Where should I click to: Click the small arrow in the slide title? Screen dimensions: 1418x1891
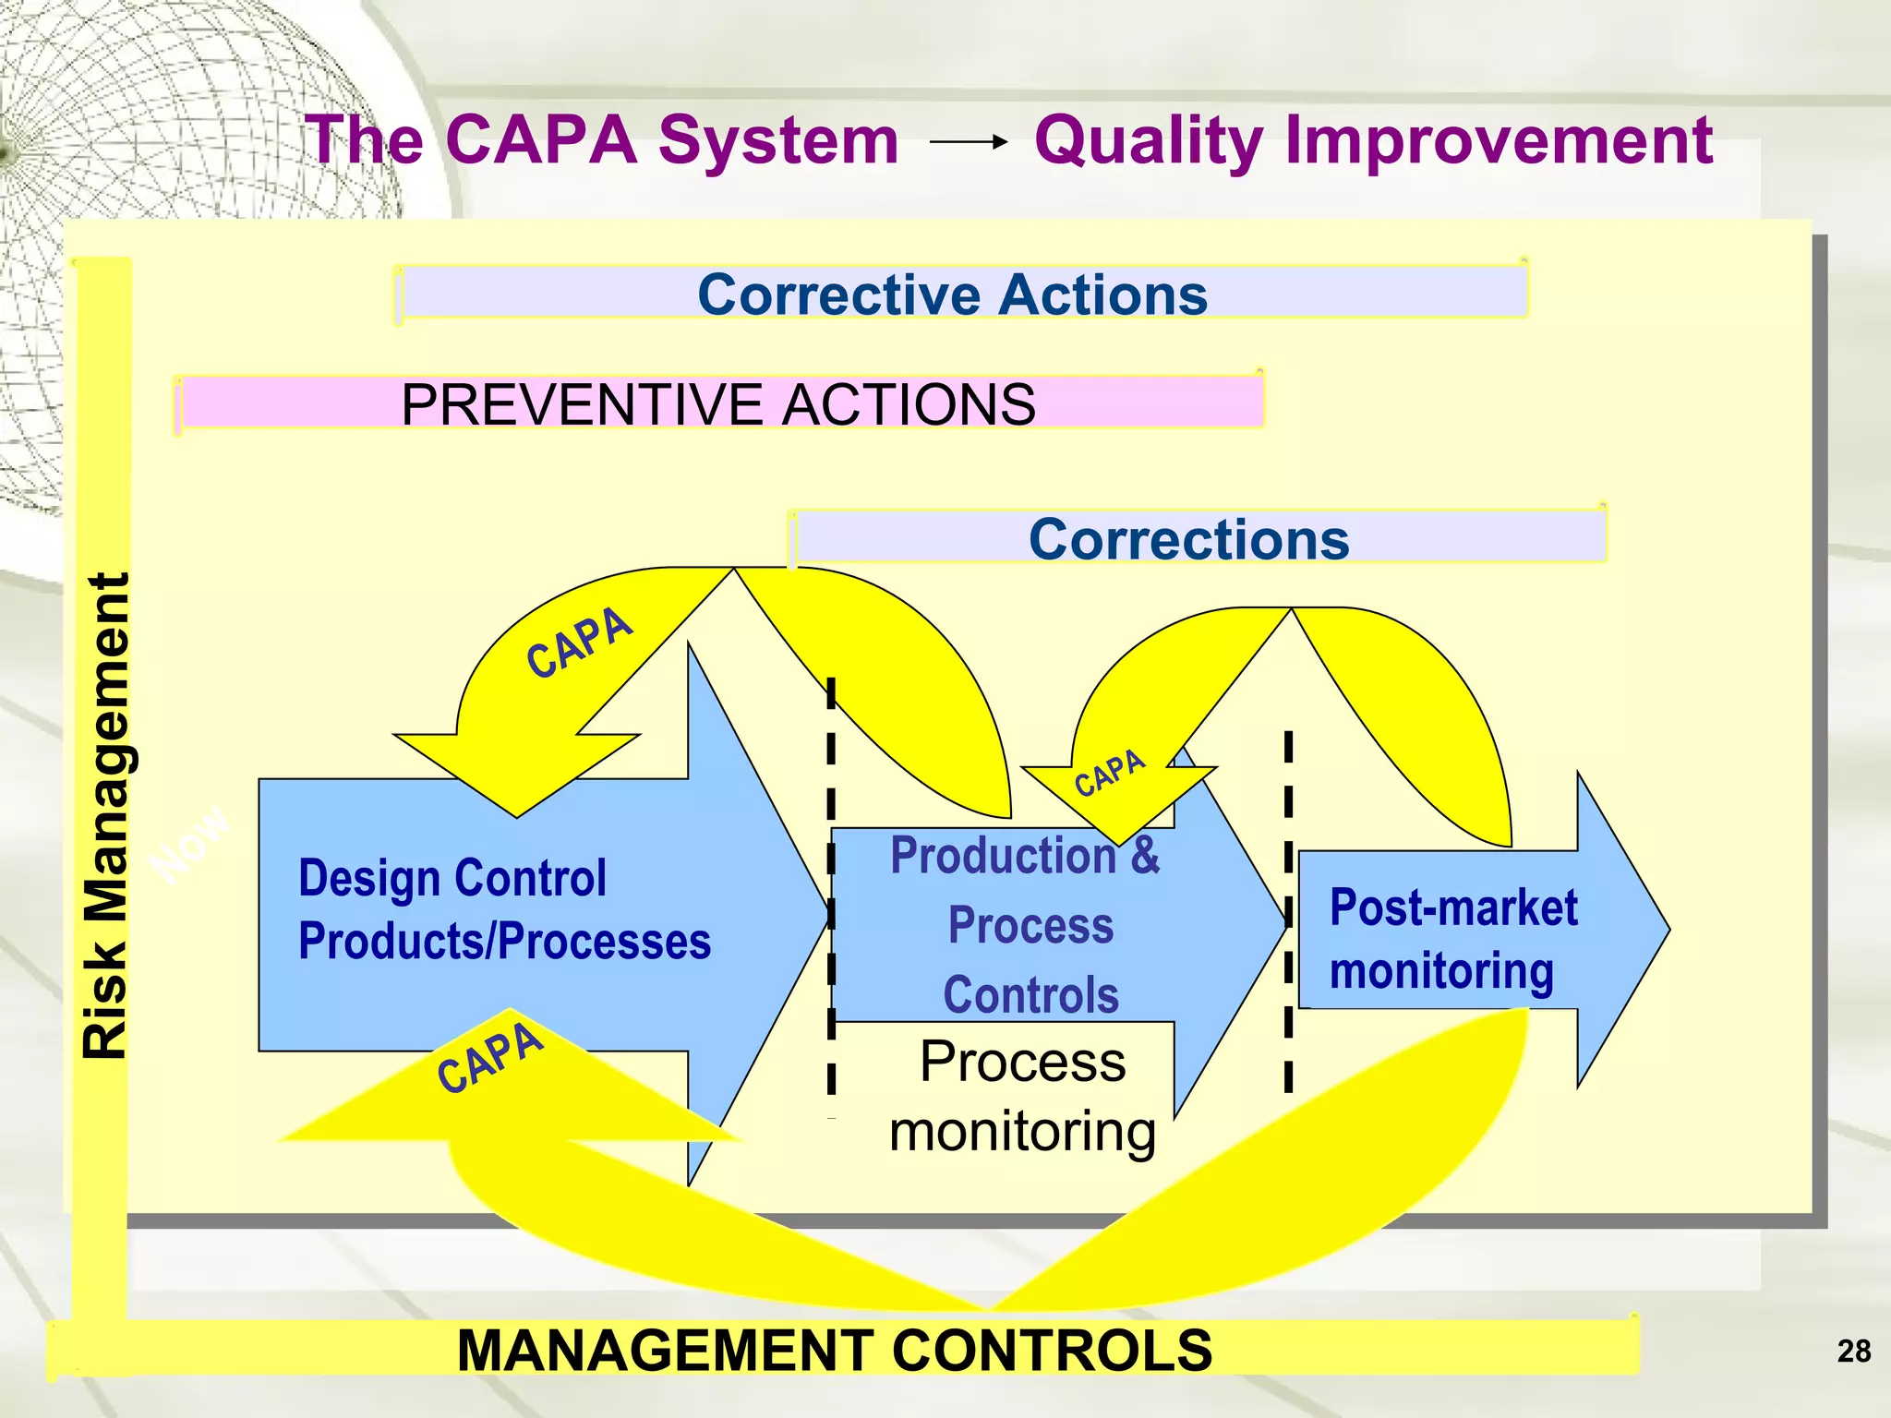(x=968, y=142)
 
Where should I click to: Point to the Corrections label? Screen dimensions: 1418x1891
(x=1188, y=538)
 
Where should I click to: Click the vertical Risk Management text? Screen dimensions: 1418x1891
(x=105, y=816)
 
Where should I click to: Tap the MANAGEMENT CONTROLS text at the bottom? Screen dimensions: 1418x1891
(x=834, y=1351)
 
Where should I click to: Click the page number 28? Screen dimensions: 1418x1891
(x=1853, y=1352)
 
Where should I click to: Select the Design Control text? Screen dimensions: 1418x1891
(x=452, y=878)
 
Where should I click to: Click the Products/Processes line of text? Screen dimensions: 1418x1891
(x=504, y=942)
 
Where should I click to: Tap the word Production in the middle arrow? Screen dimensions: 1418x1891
(x=1003, y=855)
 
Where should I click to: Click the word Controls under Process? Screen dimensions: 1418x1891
(x=1030, y=995)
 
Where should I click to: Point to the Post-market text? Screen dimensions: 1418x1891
(x=1453, y=908)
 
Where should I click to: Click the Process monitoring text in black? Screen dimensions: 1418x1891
(x=1022, y=1096)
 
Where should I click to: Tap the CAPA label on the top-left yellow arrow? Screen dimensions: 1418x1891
(x=579, y=643)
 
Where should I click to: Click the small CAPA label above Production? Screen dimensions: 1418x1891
(x=1109, y=774)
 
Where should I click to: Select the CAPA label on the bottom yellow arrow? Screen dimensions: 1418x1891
(x=489, y=1058)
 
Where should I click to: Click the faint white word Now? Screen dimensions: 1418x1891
(x=191, y=842)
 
